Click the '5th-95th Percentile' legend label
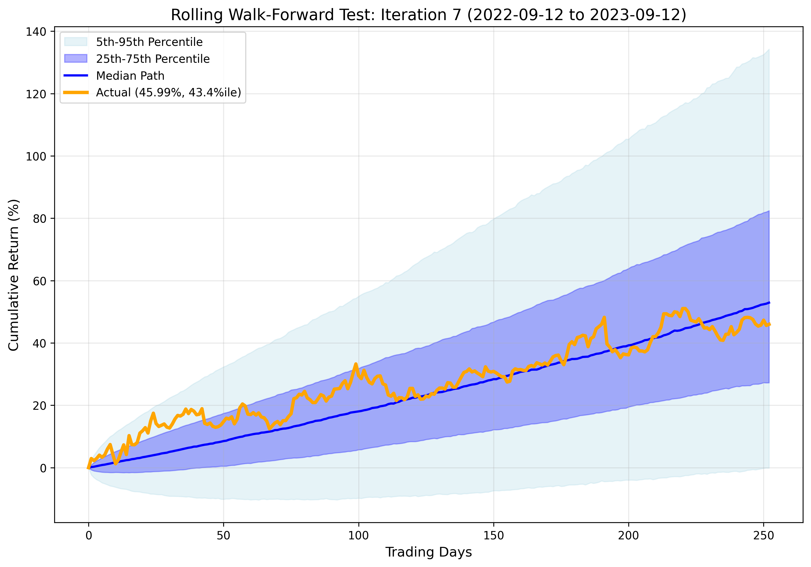coord(149,42)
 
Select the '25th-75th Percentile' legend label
coord(153,59)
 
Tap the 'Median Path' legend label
coord(130,76)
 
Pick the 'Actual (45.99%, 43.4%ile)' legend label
coord(168,92)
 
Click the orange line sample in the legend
coord(76,93)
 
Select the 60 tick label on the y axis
coord(39,281)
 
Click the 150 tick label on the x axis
coord(493,536)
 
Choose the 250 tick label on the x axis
coord(763,536)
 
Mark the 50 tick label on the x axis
coord(223,536)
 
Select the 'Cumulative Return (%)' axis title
coord(13,275)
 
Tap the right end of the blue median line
coord(769,303)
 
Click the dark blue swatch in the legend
coord(76,59)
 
